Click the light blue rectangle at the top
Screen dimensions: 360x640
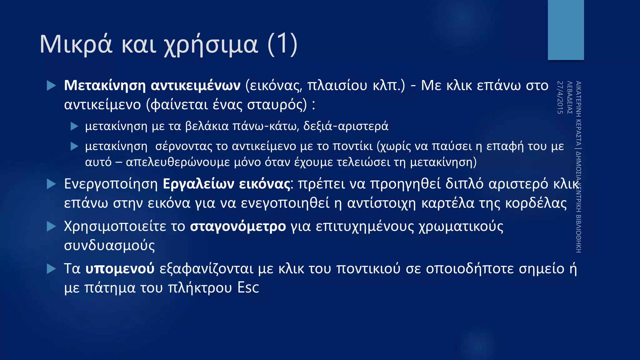566,30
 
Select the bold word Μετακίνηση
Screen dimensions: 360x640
105,85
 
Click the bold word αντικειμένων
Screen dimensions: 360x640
196,85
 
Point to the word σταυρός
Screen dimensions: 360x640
277,105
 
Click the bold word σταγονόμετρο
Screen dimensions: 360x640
238,227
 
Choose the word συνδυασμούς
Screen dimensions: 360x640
109,246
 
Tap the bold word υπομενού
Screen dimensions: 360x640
120,269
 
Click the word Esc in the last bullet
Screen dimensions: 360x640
248,288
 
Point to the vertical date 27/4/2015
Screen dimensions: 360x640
560,97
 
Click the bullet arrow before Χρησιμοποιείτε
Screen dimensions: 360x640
51,227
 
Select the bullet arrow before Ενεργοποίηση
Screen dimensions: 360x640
51,184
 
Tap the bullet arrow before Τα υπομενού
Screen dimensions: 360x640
51,269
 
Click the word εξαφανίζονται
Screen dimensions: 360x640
206,269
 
